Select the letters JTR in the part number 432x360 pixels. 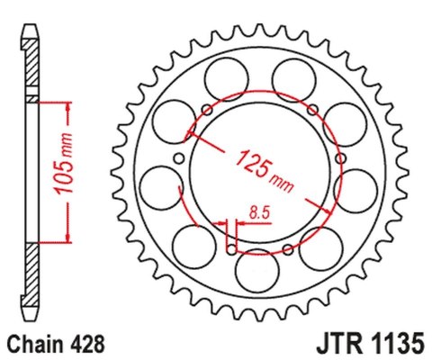[x=333, y=343]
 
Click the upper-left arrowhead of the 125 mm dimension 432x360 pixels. [x=189, y=137]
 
